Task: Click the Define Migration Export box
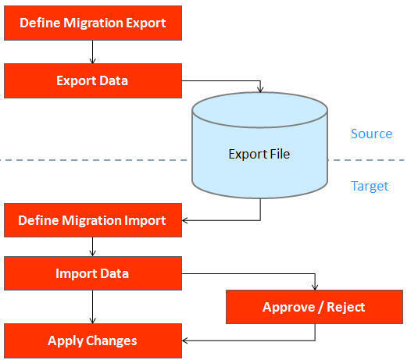click(93, 23)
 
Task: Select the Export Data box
click(93, 80)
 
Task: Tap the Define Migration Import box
click(93, 220)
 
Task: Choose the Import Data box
click(93, 273)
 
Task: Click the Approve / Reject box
click(314, 307)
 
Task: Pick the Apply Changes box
click(93, 340)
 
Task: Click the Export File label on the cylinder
click(259, 154)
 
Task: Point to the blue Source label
click(371, 134)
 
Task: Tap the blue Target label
click(370, 186)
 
